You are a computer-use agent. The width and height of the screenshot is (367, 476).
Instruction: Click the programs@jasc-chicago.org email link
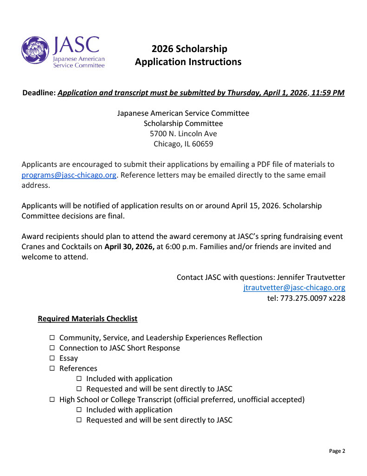[x=69, y=175]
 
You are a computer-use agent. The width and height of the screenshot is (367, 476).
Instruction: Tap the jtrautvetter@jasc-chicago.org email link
[x=294, y=288]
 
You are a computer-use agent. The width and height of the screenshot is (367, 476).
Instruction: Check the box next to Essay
[x=52, y=358]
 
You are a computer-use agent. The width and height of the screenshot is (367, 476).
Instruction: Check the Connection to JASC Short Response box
[x=52, y=348]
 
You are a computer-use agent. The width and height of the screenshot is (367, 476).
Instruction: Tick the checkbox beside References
[x=52, y=369]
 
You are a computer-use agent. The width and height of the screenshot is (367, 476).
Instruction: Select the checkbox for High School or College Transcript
[x=52, y=399]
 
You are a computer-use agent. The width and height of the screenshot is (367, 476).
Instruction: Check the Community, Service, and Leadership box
[x=52, y=338]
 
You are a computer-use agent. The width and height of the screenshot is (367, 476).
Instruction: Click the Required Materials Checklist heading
[x=88, y=319]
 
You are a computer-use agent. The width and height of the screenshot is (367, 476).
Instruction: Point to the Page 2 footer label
[x=337, y=451]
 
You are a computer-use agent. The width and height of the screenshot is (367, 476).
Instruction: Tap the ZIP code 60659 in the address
[x=202, y=144]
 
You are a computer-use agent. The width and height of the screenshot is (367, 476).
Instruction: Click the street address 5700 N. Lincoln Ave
[x=183, y=133]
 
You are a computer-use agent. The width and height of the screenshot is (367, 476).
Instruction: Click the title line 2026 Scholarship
[x=189, y=49]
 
